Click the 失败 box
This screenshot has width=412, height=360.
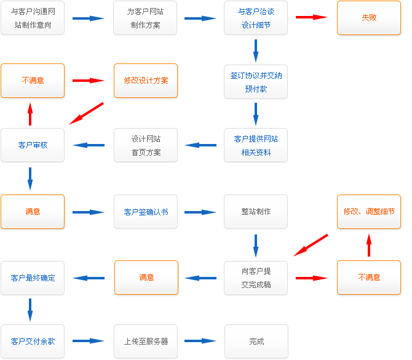[369, 18]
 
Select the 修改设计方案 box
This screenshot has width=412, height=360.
[146, 81]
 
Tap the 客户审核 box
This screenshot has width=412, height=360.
[33, 145]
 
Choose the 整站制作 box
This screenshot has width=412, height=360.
[256, 212]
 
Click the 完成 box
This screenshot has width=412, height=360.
[256, 341]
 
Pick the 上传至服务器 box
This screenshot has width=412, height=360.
[146, 341]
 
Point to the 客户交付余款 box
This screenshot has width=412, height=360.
[33, 341]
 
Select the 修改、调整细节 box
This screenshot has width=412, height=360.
[369, 212]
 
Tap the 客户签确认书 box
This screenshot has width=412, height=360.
[146, 212]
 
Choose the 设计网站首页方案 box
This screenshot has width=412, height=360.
[146, 145]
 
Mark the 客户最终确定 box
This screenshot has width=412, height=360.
[33, 278]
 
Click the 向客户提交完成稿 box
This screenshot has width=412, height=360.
[256, 278]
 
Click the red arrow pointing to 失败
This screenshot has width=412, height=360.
[312, 17]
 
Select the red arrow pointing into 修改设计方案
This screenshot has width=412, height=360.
[89, 81]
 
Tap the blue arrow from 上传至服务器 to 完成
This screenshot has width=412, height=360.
[200, 341]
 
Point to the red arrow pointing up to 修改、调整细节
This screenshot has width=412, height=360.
[369, 245]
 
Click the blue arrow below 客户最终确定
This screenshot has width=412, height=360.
[30, 309]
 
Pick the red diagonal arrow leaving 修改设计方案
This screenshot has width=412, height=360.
[87, 113]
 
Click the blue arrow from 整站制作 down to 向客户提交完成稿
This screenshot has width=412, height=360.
[256, 245]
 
